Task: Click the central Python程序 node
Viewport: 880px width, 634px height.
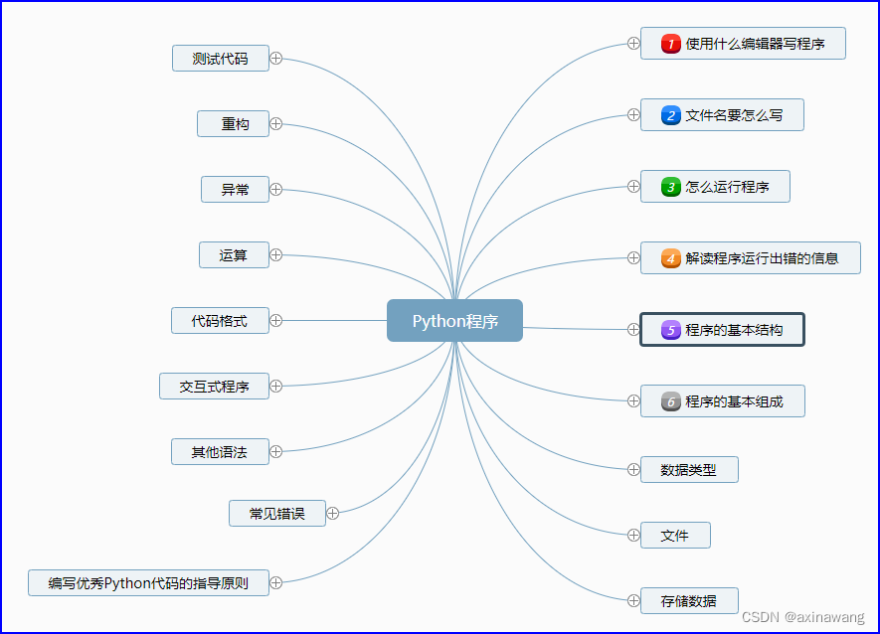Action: point(454,321)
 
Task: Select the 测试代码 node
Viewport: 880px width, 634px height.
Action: point(220,59)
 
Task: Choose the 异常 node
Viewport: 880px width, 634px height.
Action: point(235,189)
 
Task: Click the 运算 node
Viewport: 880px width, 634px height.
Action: point(234,255)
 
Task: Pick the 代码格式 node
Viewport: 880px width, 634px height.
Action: point(220,321)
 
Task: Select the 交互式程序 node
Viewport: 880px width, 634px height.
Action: point(214,387)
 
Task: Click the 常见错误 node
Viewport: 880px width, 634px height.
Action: point(276,514)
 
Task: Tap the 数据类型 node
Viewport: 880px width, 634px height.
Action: point(688,470)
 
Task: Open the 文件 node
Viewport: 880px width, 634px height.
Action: point(674,536)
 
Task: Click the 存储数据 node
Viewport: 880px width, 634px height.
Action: point(688,601)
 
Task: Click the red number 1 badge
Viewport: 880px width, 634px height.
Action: point(671,44)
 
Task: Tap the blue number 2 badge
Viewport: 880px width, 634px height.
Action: point(671,115)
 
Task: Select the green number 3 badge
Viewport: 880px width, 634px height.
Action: point(671,187)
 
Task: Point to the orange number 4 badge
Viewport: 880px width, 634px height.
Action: point(671,258)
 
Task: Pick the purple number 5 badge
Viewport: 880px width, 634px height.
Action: point(671,330)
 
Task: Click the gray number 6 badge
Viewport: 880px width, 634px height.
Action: point(671,401)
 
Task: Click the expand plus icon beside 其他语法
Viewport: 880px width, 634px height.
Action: point(276,451)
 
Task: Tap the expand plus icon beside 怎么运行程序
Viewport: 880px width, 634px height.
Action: point(633,186)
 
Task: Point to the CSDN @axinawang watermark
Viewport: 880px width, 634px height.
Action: point(806,617)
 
